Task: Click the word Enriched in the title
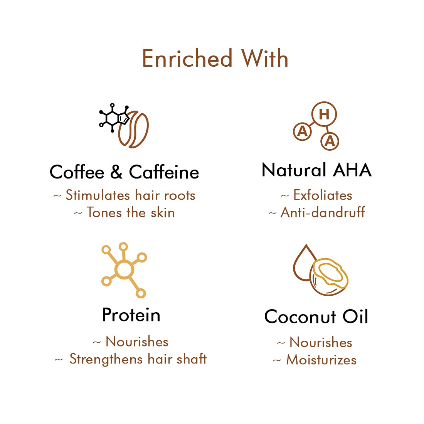[187, 58]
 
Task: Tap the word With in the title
[265, 58]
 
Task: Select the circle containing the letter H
[324, 114]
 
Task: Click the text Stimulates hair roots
[130, 195]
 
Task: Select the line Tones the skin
[131, 212]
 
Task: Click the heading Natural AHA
[316, 170]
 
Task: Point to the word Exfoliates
[323, 195]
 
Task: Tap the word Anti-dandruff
[323, 212]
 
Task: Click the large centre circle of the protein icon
[124, 269]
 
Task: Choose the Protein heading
[131, 315]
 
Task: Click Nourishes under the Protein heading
[137, 342]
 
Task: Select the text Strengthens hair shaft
[138, 359]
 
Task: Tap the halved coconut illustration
[329, 277]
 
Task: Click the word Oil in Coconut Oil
[355, 316]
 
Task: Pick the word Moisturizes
[321, 360]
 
